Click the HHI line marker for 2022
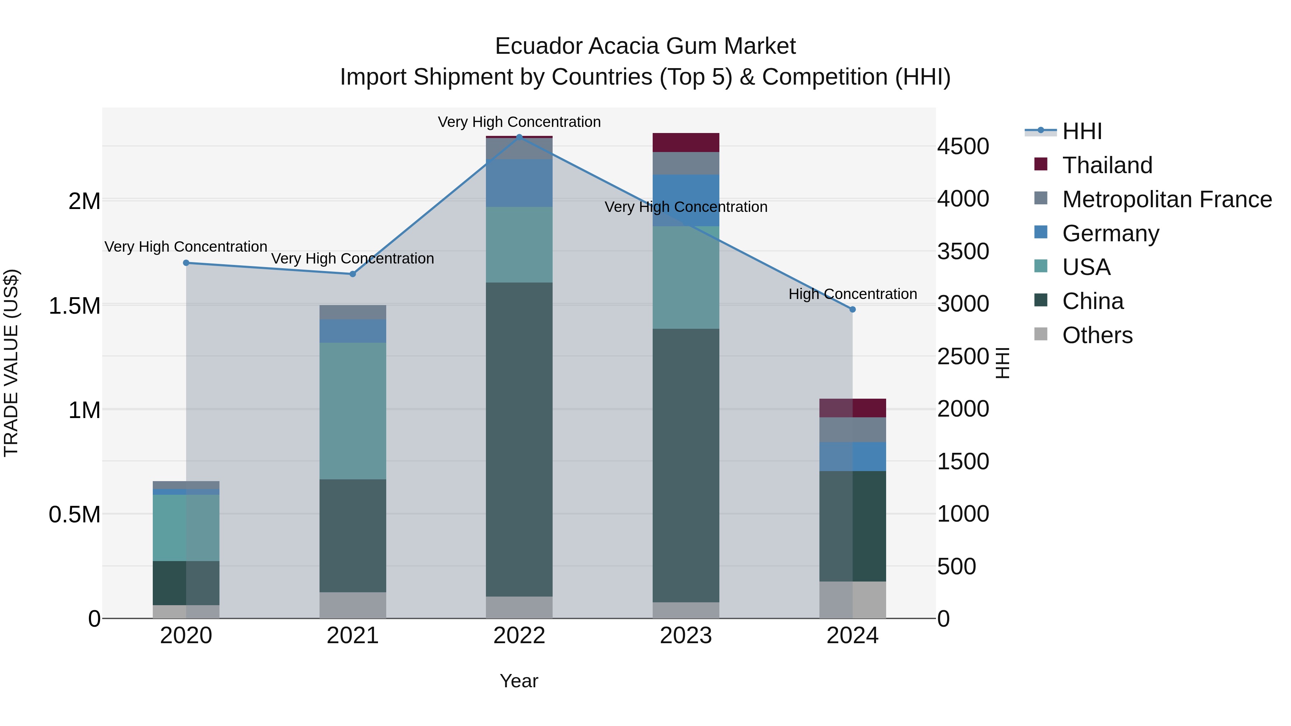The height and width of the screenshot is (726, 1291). coord(519,137)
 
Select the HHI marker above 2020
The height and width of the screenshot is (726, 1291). coord(186,262)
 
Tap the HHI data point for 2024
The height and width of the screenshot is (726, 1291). coord(852,309)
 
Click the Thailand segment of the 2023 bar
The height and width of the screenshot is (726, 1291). coord(686,142)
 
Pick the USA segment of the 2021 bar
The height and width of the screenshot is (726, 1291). coord(353,411)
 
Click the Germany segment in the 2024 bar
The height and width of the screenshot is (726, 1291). coord(852,456)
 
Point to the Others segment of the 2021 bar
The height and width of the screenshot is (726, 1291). coord(353,605)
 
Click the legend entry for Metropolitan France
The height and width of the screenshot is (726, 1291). coord(1167,199)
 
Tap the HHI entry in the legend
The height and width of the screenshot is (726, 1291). coord(1082,131)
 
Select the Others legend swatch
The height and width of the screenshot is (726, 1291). coord(1041,334)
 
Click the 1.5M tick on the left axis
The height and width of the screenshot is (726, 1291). coord(74,305)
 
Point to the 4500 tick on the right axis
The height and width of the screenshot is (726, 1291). coord(963,146)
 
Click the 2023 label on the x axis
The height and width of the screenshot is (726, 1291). coord(686,636)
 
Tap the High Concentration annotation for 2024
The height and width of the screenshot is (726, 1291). coord(852,294)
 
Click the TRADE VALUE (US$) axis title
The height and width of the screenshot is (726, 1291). coord(11,363)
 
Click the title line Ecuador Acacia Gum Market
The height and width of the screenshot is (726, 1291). coord(645,46)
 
